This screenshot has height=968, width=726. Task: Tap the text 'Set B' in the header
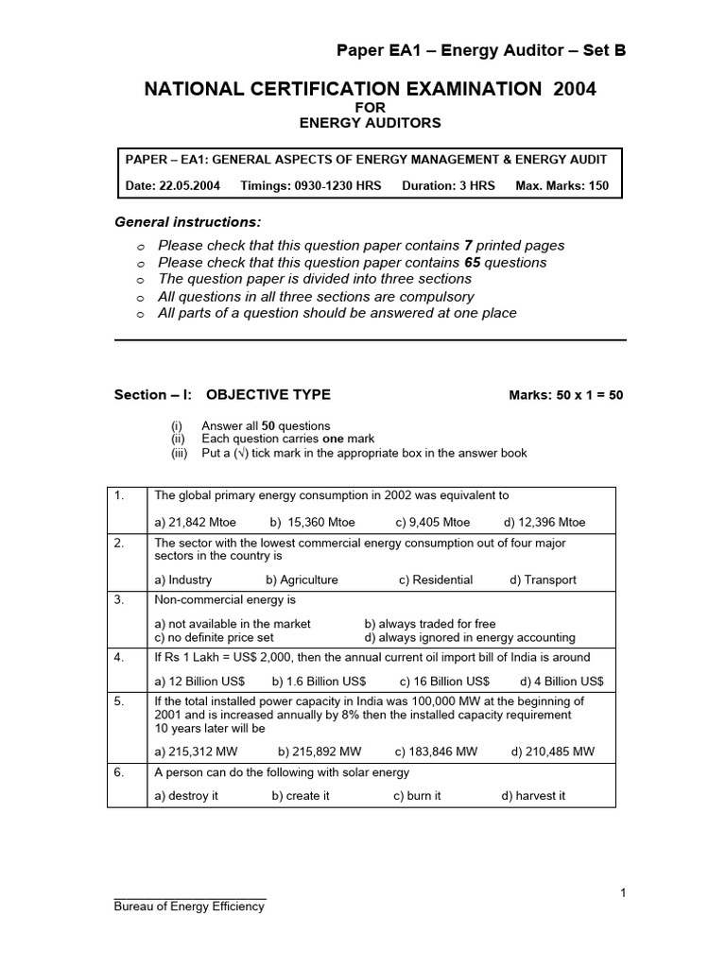click(601, 50)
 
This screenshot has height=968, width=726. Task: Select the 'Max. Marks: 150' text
click(562, 186)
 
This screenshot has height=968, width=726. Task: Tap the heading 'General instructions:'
click(187, 222)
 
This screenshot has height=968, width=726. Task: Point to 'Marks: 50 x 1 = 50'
click(565, 395)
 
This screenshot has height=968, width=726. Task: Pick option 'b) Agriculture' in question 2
click(302, 579)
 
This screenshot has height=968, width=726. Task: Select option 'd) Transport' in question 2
click(543, 579)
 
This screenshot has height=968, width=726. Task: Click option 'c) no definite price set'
click(214, 637)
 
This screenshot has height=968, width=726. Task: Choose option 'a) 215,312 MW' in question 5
click(196, 752)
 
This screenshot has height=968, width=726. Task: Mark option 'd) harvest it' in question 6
click(533, 796)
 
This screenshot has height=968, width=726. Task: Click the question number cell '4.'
click(119, 657)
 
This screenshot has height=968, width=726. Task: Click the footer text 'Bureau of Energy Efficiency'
click(189, 907)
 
